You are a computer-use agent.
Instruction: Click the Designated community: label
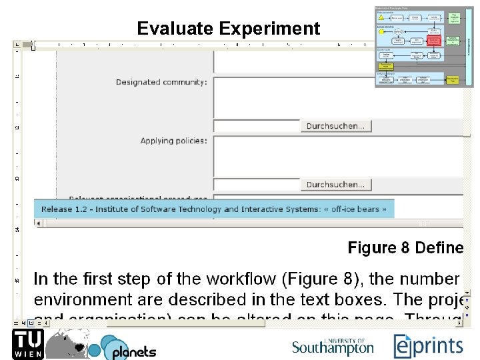pos(161,82)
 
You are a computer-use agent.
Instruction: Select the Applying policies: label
pos(173,141)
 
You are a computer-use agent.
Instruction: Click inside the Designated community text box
pos(293,93)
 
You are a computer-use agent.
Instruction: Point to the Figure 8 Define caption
pos(405,248)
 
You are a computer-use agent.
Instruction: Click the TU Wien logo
pos(27,343)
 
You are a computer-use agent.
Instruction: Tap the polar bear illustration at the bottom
pos(68,340)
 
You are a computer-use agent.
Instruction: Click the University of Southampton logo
pos(333,346)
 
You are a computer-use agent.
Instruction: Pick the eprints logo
pos(428,345)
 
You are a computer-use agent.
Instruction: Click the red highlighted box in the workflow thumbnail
pos(434,40)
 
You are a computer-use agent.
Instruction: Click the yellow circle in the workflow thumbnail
pos(381,31)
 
